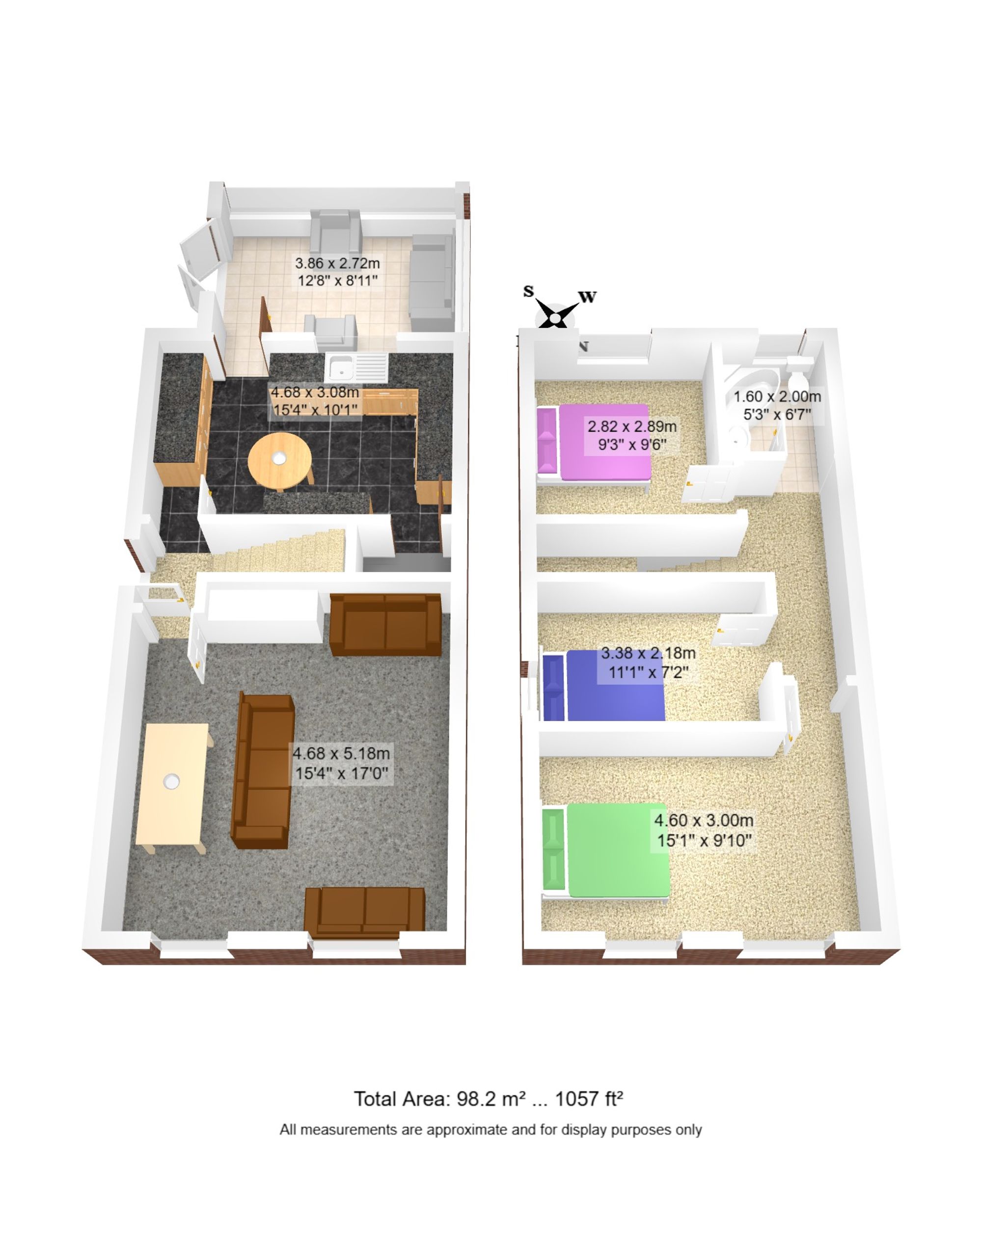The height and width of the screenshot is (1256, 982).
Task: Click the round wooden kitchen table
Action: pos(280,461)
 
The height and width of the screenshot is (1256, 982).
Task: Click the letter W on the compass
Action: pos(587,297)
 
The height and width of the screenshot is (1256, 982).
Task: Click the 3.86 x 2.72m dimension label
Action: pos(337,272)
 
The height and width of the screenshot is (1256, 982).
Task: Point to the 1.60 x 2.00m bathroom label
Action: pos(777,405)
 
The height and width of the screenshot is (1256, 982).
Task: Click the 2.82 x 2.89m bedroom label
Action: pos(632,435)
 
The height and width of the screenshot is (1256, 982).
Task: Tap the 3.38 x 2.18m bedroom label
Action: pos(648,663)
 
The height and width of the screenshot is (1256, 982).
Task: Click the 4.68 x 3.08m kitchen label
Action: pos(315,401)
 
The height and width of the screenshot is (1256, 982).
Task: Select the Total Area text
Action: pos(489,1099)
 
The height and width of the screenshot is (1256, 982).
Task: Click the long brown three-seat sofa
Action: pos(263,771)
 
